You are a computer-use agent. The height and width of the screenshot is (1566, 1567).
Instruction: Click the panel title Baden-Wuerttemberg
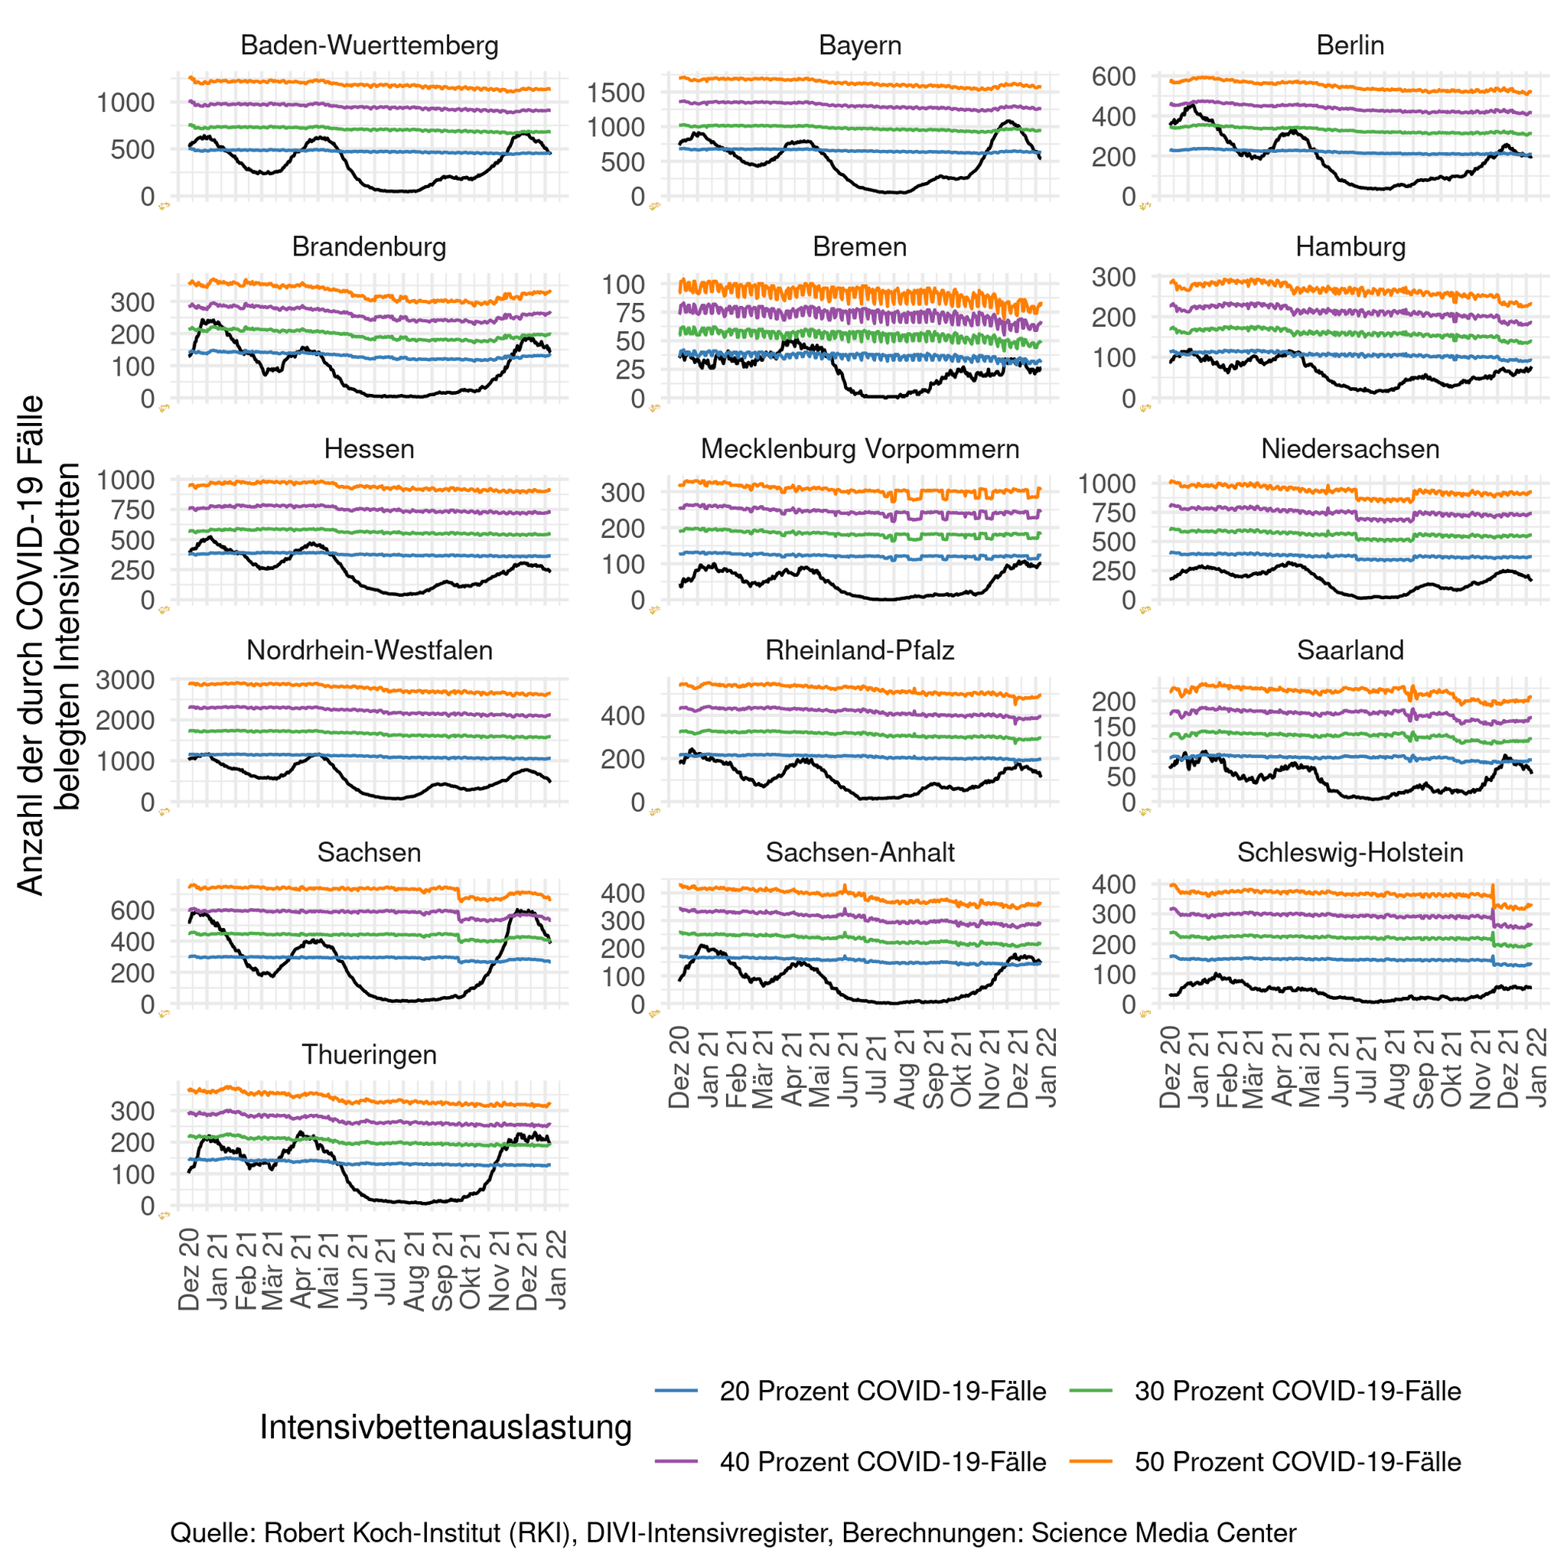(369, 45)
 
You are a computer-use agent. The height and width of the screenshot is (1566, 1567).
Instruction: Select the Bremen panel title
(860, 246)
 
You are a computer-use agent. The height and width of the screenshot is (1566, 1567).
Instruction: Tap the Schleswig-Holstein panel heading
(1350, 852)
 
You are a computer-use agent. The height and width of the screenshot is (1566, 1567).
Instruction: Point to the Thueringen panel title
(369, 1054)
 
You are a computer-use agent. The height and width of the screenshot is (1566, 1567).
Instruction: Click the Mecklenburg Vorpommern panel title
(860, 448)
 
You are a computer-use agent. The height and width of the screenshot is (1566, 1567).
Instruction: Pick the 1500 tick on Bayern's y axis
(617, 93)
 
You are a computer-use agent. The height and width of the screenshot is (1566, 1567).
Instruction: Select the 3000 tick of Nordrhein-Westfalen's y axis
(125, 679)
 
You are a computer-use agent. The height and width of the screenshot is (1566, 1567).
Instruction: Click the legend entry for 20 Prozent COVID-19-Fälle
(882, 1391)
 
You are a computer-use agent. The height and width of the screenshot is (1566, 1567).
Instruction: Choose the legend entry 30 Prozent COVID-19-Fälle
(1297, 1391)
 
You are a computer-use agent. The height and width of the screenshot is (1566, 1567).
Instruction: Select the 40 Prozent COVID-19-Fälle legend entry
(882, 1461)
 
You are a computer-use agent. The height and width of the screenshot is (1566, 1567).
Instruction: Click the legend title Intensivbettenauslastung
(445, 1427)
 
